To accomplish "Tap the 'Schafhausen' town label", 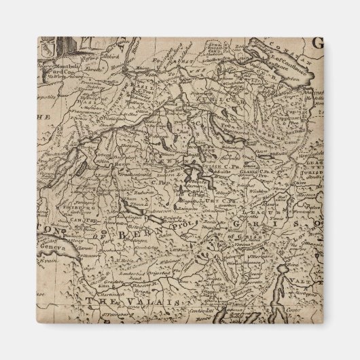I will click(217, 62).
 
